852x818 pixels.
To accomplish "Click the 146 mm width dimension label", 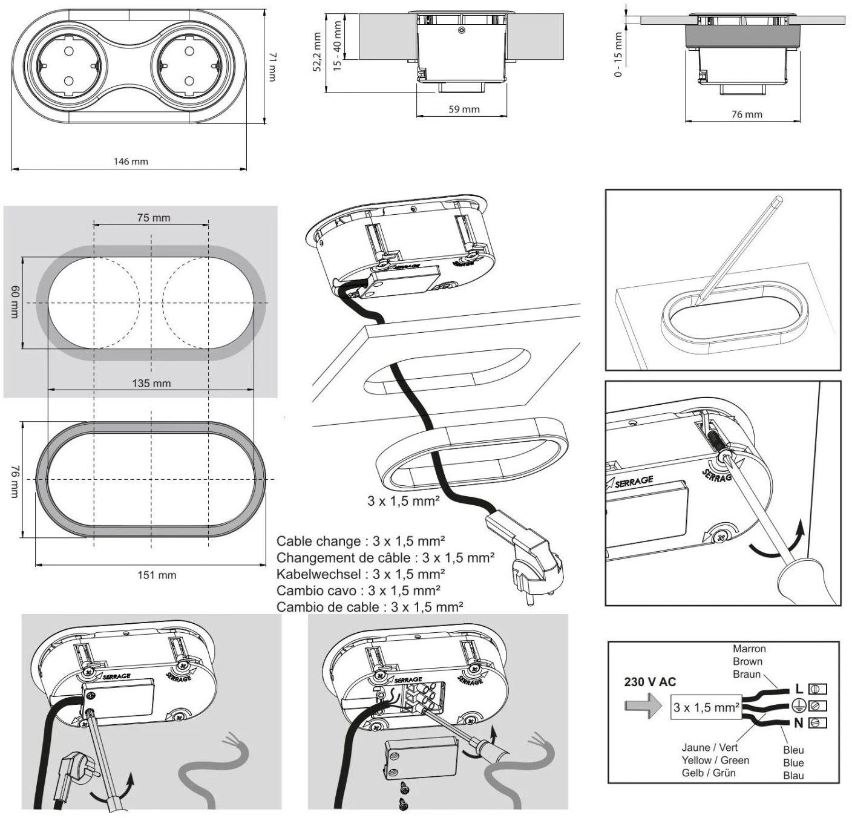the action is (x=131, y=162).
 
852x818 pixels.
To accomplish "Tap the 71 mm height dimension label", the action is (x=272, y=67).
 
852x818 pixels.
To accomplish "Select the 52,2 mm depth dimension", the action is (x=318, y=51).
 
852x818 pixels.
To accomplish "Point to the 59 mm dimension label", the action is (x=464, y=110).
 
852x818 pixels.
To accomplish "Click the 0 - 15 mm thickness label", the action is (x=618, y=54).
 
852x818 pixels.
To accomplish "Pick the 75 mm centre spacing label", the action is (x=154, y=218).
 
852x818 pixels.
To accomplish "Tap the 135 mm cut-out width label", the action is (x=151, y=384).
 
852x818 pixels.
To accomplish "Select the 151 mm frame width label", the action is (x=157, y=575).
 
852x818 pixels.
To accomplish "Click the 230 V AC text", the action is (x=650, y=682).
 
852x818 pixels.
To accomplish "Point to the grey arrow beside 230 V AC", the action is (x=643, y=707).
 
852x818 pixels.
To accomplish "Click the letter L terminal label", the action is (x=799, y=689).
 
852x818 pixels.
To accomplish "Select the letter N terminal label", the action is (x=798, y=724).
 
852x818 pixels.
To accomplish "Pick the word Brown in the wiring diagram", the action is (x=748, y=661).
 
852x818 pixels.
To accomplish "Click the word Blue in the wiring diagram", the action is (x=793, y=763).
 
